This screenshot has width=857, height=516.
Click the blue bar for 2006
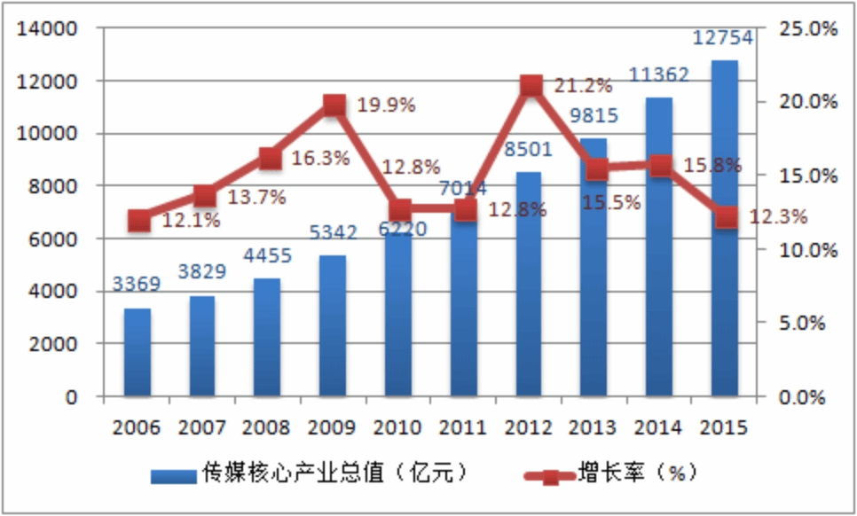pos(138,352)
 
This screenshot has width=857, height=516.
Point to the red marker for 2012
pos(531,86)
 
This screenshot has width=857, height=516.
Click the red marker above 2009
pos(334,106)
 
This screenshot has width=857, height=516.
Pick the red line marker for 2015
pos(727,217)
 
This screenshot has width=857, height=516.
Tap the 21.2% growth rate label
pos(583,86)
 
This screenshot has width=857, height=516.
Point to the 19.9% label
pos(386,106)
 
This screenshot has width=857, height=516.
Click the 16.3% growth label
pos(320,159)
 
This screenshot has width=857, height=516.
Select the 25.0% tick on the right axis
pos(808,28)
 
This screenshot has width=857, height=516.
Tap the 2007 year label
pos(203,427)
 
